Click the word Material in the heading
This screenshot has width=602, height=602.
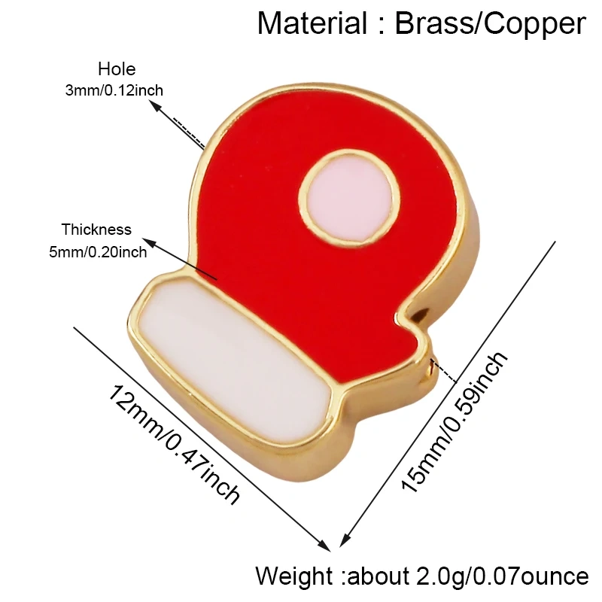[x=312, y=24]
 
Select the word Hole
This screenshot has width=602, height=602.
[x=117, y=69]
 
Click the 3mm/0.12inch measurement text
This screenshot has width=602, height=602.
[x=114, y=90]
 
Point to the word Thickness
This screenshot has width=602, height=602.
[x=96, y=230]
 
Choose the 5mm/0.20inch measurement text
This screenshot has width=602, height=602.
[x=98, y=252]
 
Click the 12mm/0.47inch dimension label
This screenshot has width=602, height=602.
[x=174, y=444]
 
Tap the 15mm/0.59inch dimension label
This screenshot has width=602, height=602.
[x=455, y=421]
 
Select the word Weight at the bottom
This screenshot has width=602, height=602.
[x=294, y=576]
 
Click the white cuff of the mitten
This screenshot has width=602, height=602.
[x=234, y=362]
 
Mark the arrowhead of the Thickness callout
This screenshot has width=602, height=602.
[x=150, y=243]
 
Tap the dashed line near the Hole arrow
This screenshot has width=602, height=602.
[x=189, y=133]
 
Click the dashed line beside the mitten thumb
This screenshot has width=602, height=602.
[x=444, y=371]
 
